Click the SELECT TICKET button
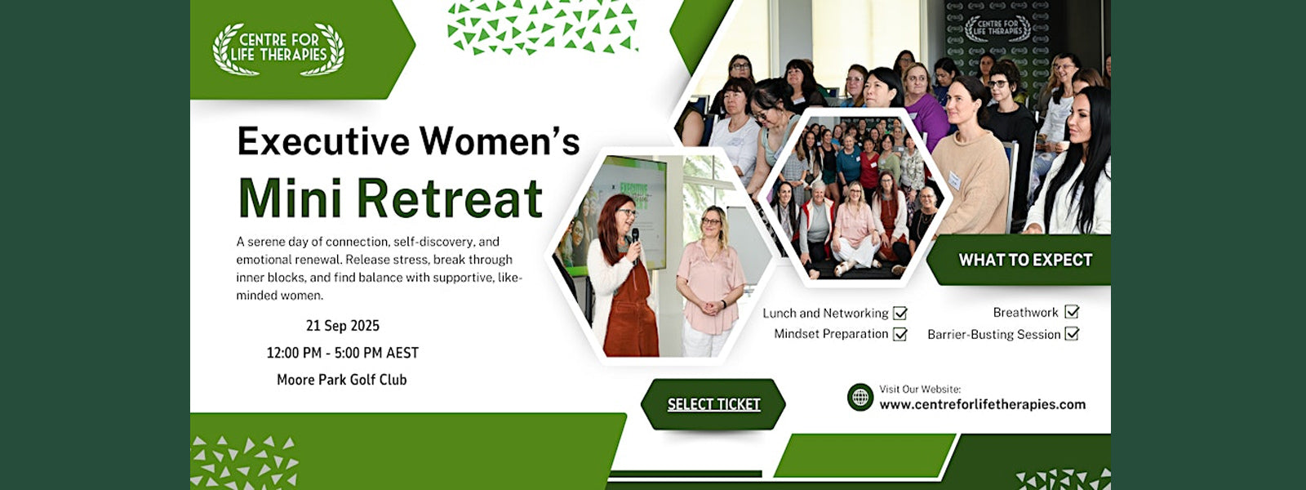[713, 404]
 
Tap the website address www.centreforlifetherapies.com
[983, 404]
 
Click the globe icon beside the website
[860, 397]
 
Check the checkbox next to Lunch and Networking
[900, 314]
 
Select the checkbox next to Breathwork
[1072, 311]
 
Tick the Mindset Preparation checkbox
[900, 334]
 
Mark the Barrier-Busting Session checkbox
[1072, 334]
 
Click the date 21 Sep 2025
[343, 326]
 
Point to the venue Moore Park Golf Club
[342, 380]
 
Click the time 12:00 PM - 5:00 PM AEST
[343, 353]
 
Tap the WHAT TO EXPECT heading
[1025, 260]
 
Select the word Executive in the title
[323, 142]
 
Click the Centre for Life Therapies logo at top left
[278, 49]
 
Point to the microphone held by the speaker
[635, 241]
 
